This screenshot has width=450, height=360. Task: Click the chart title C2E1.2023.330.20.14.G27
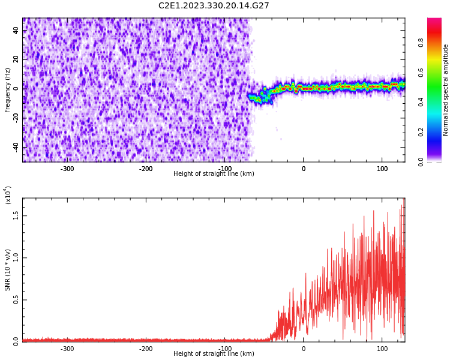click(214, 6)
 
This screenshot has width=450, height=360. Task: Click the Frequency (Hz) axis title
click(8, 90)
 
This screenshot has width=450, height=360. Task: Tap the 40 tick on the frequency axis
click(16, 30)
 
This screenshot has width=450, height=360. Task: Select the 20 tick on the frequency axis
click(16, 59)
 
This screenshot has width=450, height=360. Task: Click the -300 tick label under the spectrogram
click(67, 169)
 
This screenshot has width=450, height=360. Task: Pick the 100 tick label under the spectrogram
click(382, 169)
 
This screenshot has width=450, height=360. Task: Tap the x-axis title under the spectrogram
click(214, 174)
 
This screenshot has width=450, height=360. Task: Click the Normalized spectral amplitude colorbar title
click(446, 90)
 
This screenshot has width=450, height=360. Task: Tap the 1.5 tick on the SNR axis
click(16, 215)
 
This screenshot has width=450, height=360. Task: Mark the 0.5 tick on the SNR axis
click(16, 300)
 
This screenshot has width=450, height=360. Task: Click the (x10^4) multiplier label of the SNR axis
click(8, 195)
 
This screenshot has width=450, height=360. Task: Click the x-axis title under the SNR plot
click(214, 354)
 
